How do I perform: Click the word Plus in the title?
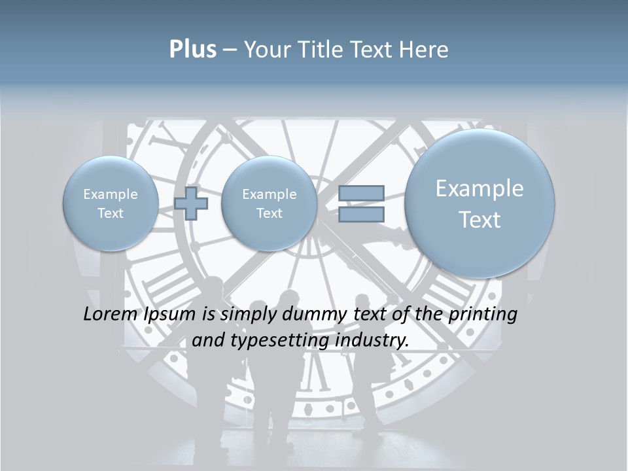(192, 50)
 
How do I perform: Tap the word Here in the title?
(425, 50)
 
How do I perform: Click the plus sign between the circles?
(191, 203)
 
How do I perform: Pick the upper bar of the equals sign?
(361, 194)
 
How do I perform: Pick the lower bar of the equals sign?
(361, 214)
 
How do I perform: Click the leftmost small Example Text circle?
(110, 203)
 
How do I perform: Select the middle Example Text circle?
(269, 203)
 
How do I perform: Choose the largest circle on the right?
(480, 203)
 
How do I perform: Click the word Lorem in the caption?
(111, 314)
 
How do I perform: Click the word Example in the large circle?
(480, 188)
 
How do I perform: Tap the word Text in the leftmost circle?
(110, 213)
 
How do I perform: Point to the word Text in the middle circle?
(269, 213)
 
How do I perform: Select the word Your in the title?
(268, 50)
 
